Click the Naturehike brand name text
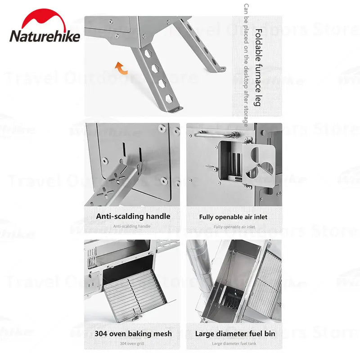(45, 36)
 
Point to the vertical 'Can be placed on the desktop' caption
(246, 66)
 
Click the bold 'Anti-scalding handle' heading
(133, 216)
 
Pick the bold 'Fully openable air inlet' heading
(233, 217)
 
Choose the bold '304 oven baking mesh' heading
(133, 334)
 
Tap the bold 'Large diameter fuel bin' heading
(235, 334)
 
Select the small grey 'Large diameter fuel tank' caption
(234, 344)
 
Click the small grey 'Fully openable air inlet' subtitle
(234, 227)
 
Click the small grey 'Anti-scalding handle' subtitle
(132, 226)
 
